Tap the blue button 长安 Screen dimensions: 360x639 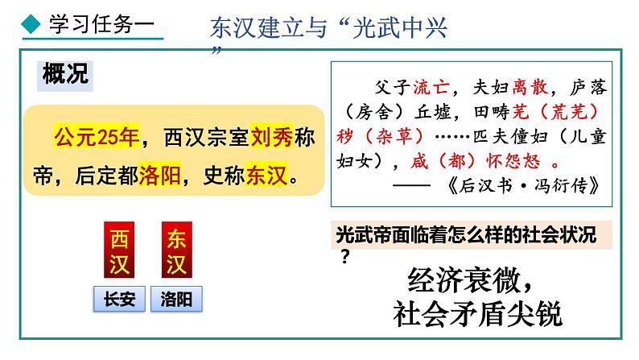120,300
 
